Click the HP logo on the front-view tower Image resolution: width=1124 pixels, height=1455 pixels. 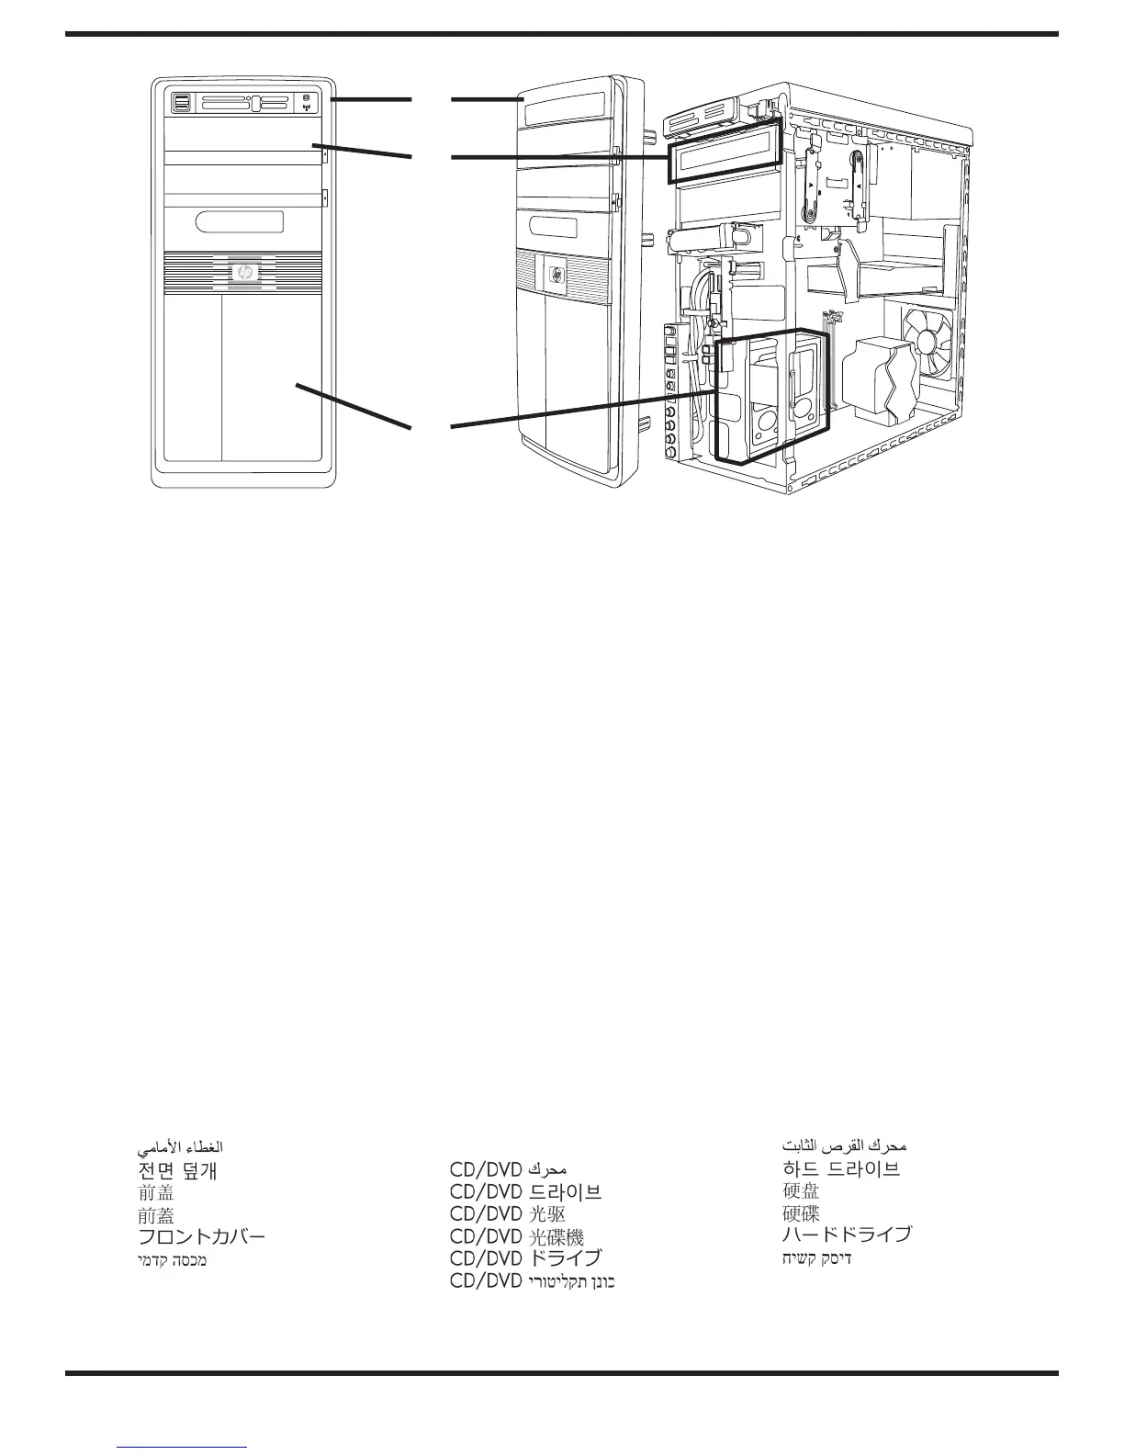click(x=244, y=273)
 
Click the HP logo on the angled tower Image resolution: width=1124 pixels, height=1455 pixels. click(x=557, y=275)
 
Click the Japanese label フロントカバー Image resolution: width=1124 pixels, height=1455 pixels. click(x=201, y=1236)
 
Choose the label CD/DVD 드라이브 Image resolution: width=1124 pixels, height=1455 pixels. click(x=525, y=1192)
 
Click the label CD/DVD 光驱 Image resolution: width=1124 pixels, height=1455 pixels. click(x=507, y=1214)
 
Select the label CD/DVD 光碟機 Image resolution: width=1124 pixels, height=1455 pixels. click(x=516, y=1236)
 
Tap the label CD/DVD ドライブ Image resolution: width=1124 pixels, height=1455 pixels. click(x=525, y=1258)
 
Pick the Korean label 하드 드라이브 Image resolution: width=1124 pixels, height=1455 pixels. click(x=840, y=1169)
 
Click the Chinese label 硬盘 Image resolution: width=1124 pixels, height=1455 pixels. click(x=801, y=1191)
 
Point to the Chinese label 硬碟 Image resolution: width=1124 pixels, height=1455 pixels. click(x=801, y=1213)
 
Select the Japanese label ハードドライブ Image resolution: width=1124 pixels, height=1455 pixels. click(x=847, y=1235)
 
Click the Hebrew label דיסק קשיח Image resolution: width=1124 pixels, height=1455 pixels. click(x=816, y=1258)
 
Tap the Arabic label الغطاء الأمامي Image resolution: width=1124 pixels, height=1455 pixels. click(x=180, y=1148)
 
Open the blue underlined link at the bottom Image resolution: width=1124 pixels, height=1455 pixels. click(x=183, y=1448)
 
